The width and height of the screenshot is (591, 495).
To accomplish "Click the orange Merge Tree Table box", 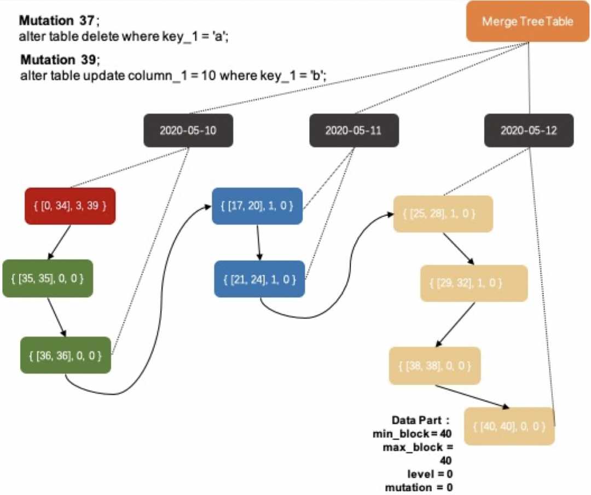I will [x=528, y=22].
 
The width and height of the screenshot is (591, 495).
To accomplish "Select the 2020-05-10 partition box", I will [x=188, y=130].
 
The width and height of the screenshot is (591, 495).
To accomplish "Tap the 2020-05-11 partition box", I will [x=354, y=130].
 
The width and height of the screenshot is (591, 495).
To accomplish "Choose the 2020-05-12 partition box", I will [x=529, y=130].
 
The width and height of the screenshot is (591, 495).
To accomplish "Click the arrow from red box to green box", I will [x=60, y=241].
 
